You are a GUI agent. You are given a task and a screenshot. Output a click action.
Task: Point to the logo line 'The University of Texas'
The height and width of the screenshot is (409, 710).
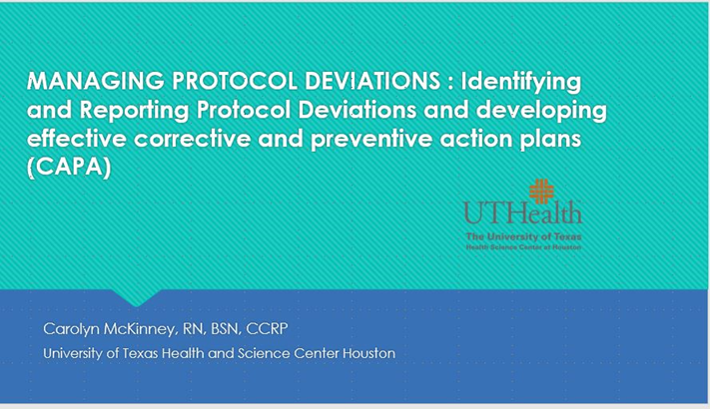pyautogui.click(x=523, y=234)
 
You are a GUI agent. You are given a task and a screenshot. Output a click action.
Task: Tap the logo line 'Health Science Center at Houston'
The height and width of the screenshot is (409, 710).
pyautogui.click(x=523, y=244)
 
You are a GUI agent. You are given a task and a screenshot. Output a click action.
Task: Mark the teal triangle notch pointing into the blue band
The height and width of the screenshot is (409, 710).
pyautogui.click(x=136, y=296)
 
